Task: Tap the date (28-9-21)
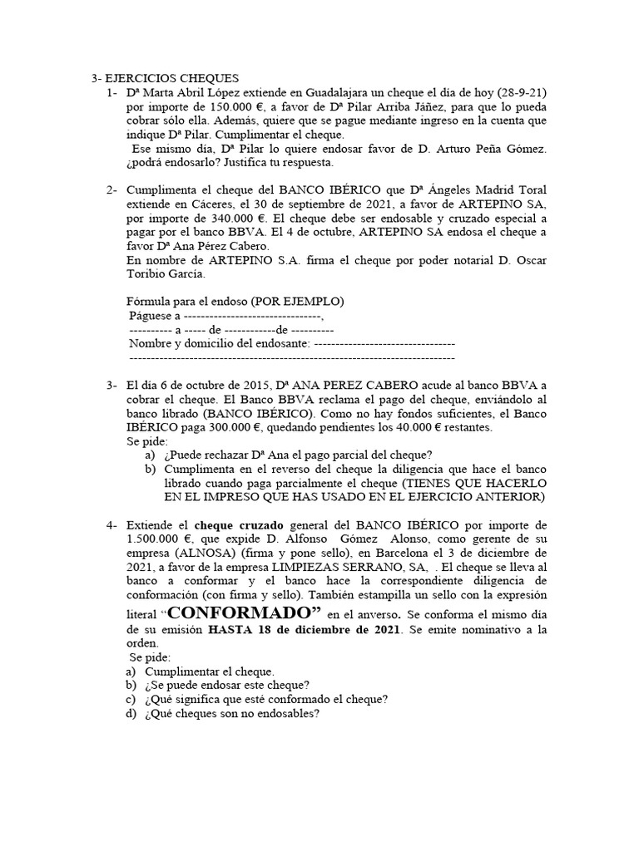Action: coord(518,93)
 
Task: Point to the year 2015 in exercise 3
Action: coord(253,386)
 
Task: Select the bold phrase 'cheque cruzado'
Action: coord(235,525)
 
